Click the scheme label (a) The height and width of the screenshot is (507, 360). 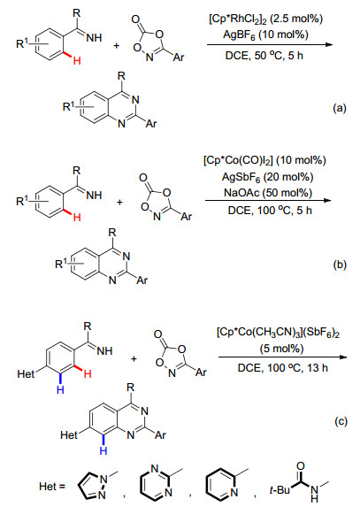pyautogui.click(x=340, y=108)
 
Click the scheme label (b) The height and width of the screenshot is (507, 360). pyautogui.click(x=340, y=265)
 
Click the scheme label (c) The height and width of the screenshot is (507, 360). pyautogui.click(x=341, y=421)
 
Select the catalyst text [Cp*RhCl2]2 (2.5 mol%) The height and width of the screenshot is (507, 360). pyautogui.click(x=265, y=19)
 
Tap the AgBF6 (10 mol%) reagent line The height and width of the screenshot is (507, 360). pyautogui.click(x=265, y=35)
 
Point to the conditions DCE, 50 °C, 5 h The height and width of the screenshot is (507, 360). pyautogui.click(x=264, y=56)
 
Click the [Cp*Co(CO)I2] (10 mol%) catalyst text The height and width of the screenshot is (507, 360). pyautogui.click(x=264, y=160)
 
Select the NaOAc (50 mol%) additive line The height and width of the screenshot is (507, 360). pyautogui.click(x=268, y=193)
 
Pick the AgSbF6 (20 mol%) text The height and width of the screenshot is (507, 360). pyautogui.click(x=268, y=177)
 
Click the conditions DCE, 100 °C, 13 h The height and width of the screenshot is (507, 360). pyautogui.click(x=282, y=367)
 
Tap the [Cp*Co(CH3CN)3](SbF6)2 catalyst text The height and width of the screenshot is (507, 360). pyautogui.click(x=279, y=333)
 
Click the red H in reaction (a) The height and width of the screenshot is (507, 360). pyautogui.click(x=77, y=60)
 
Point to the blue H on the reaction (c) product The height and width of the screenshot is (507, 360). pyautogui.click(x=103, y=450)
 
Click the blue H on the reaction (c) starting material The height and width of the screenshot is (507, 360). pyautogui.click(x=60, y=390)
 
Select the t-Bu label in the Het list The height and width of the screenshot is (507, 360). pyautogui.click(x=280, y=490)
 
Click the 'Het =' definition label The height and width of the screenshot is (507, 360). pyautogui.click(x=52, y=487)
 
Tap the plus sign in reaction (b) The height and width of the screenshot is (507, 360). pyautogui.click(x=119, y=203)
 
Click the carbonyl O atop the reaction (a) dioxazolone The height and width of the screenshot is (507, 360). pyautogui.click(x=136, y=19)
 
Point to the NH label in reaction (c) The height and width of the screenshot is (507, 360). pyautogui.click(x=104, y=350)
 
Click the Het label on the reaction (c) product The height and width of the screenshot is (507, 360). pyautogui.click(x=69, y=435)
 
